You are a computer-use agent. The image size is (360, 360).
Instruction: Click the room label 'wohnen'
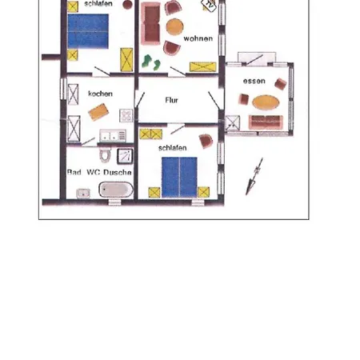[x=198, y=38]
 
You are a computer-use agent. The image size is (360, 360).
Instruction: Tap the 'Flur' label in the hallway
[x=171, y=100]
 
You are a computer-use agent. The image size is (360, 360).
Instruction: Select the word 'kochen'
[x=100, y=94]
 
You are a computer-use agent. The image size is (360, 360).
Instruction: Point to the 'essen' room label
[x=254, y=81]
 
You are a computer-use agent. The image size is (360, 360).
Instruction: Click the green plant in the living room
[x=151, y=62]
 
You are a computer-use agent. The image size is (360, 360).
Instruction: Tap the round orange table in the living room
[x=174, y=26]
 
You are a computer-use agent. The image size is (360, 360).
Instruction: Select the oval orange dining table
[x=266, y=102]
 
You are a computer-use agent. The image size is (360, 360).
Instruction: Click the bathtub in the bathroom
[x=116, y=190]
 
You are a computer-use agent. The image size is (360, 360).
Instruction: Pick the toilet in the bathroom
[x=105, y=155]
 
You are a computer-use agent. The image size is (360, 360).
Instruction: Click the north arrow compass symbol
[x=254, y=176]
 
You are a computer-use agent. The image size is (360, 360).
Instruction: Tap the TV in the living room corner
[x=209, y=5]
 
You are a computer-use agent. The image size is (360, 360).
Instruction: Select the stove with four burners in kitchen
[x=126, y=115]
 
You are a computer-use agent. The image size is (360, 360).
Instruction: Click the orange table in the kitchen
[x=98, y=112]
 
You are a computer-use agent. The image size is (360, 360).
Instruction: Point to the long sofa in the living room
[x=150, y=23]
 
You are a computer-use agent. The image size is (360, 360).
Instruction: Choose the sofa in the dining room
[x=266, y=122]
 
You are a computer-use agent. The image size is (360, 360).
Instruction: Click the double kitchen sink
[x=113, y=135]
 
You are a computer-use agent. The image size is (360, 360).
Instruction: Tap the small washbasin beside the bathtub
[x=83, y=194]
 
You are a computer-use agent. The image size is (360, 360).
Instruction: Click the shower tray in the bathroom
[x=125, y=156]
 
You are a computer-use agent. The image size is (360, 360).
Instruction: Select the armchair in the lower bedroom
[x=206, y=141]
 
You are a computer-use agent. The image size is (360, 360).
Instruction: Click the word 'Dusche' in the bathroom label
[x=118, y=172]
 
